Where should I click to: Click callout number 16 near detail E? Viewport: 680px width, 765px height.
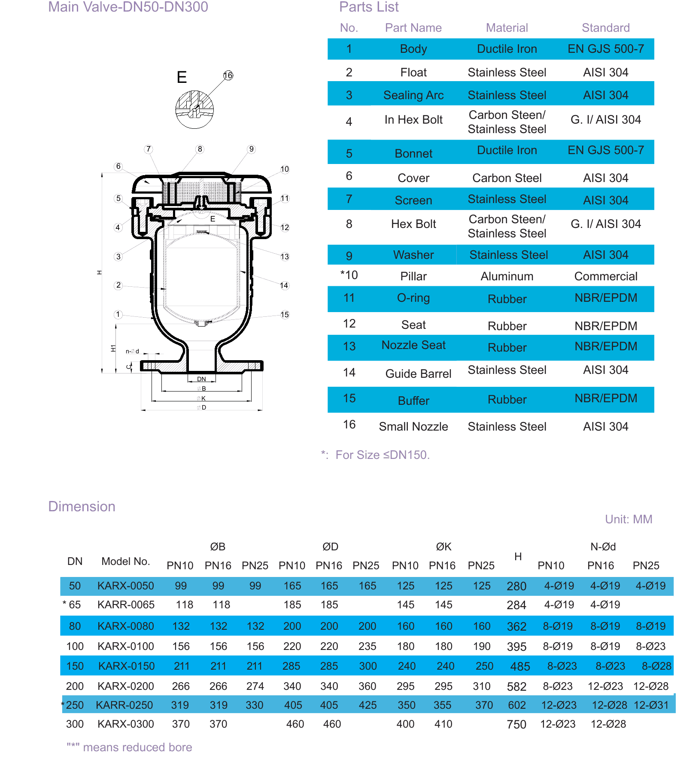pyautogui.click(x=228, y=76)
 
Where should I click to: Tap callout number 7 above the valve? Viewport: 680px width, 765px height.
pyautogui.click(x=149, y=149)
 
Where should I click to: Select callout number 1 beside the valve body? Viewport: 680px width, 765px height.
pyautogui.click(x=118, y=315)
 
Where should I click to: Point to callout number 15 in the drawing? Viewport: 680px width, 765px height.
pyautogui.click(x=285, y=315)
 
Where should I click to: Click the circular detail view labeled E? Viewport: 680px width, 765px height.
pyautogui.click(x=194, y=109)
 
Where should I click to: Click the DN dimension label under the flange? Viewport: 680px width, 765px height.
pyautogui.click(x=201, y=379)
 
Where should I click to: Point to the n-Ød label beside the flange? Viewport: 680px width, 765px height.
pyautogui.click(x=132, y=351)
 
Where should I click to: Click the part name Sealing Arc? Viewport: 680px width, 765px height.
pyautogui.click(x=413, y=95)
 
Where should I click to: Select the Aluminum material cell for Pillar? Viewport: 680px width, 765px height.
pyautogui.click(x=507, y=276)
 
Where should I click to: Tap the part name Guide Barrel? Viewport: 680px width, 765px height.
pyautogui.click(x=419, y=374)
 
